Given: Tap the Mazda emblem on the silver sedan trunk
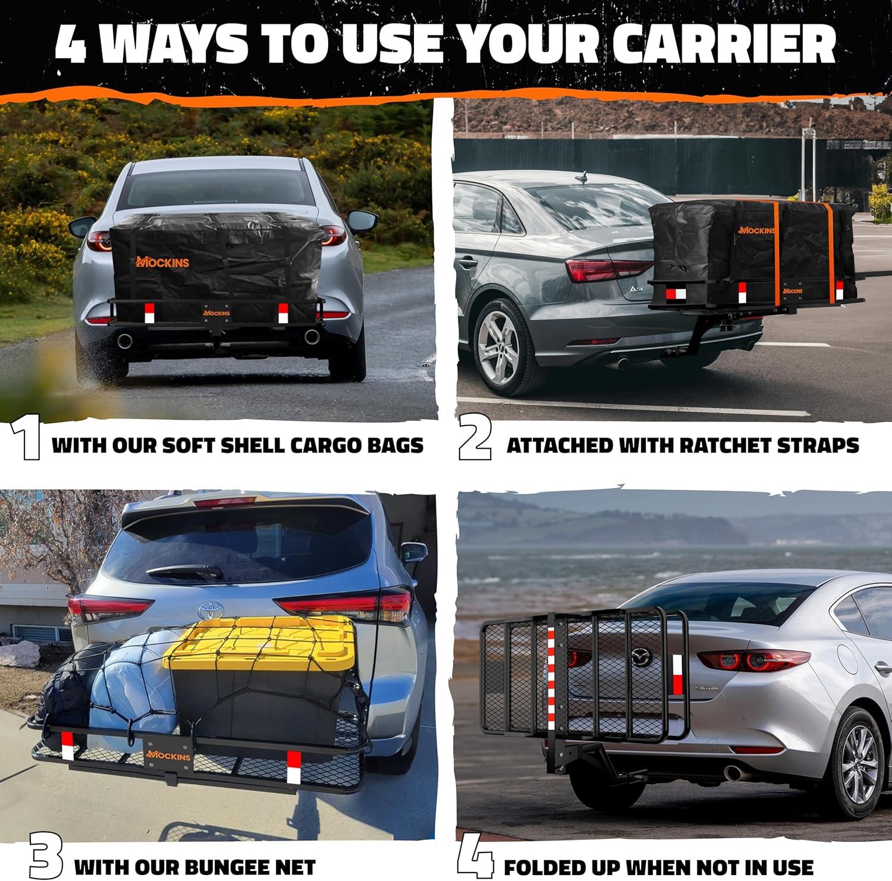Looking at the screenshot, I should [x=640, y=657].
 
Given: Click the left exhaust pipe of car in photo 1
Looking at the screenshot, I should [x=125, y=341].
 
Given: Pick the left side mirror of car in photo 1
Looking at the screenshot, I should [x=82, y=226].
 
